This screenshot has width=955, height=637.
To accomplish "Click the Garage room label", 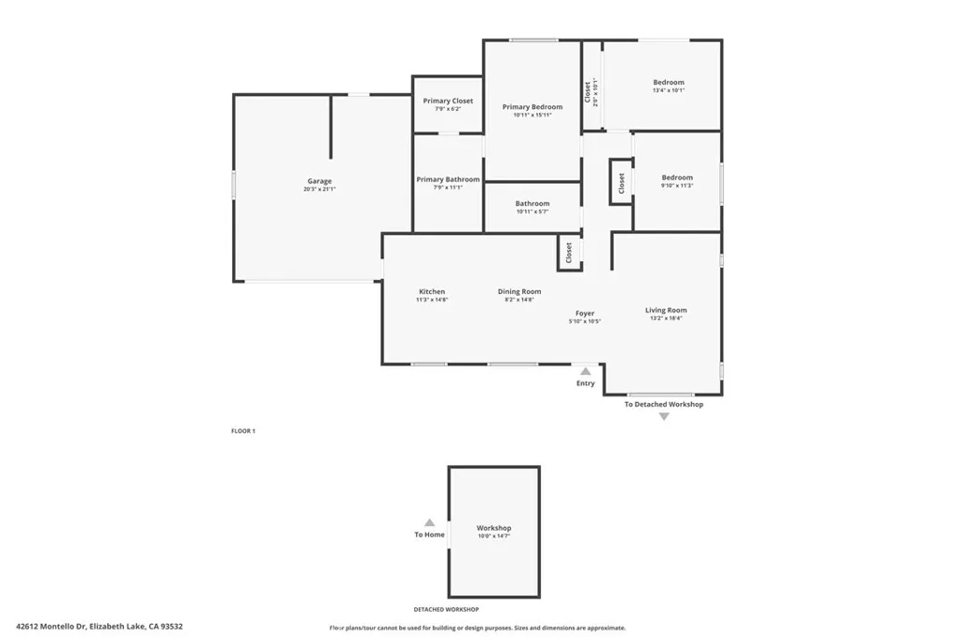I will click(320, 181).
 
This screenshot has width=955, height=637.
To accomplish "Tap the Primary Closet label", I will click(448, 101).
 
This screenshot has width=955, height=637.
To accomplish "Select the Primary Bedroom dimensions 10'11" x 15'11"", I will click(533, 116).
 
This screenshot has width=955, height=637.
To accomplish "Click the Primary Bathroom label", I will click(448, 179).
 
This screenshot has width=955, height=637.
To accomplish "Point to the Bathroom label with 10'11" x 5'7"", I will click(533, 203).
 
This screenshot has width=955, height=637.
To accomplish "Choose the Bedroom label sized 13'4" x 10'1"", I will click(668, 83).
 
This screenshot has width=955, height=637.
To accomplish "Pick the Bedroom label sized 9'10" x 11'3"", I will click(677, 177).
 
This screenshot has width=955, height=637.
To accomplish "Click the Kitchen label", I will click(432, 292).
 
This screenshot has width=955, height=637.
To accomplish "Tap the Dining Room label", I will click(519, 292).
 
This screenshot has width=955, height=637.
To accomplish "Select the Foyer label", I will click(585, 313).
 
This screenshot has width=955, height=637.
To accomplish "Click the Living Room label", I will click(666, 310).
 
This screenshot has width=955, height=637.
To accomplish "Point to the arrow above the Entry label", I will click(586, 371).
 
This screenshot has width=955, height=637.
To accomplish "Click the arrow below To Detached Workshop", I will click(664, 417).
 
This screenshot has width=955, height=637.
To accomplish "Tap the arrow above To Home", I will click(429, 523).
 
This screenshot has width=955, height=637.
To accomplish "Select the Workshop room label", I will click(494, 528).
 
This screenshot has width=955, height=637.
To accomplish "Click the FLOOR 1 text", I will click(243, 431).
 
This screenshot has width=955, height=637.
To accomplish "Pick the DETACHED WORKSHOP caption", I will click(446, 609).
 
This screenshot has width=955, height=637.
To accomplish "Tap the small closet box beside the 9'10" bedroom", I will click(621, 182).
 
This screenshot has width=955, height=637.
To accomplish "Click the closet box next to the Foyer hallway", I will click(569, 253).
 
